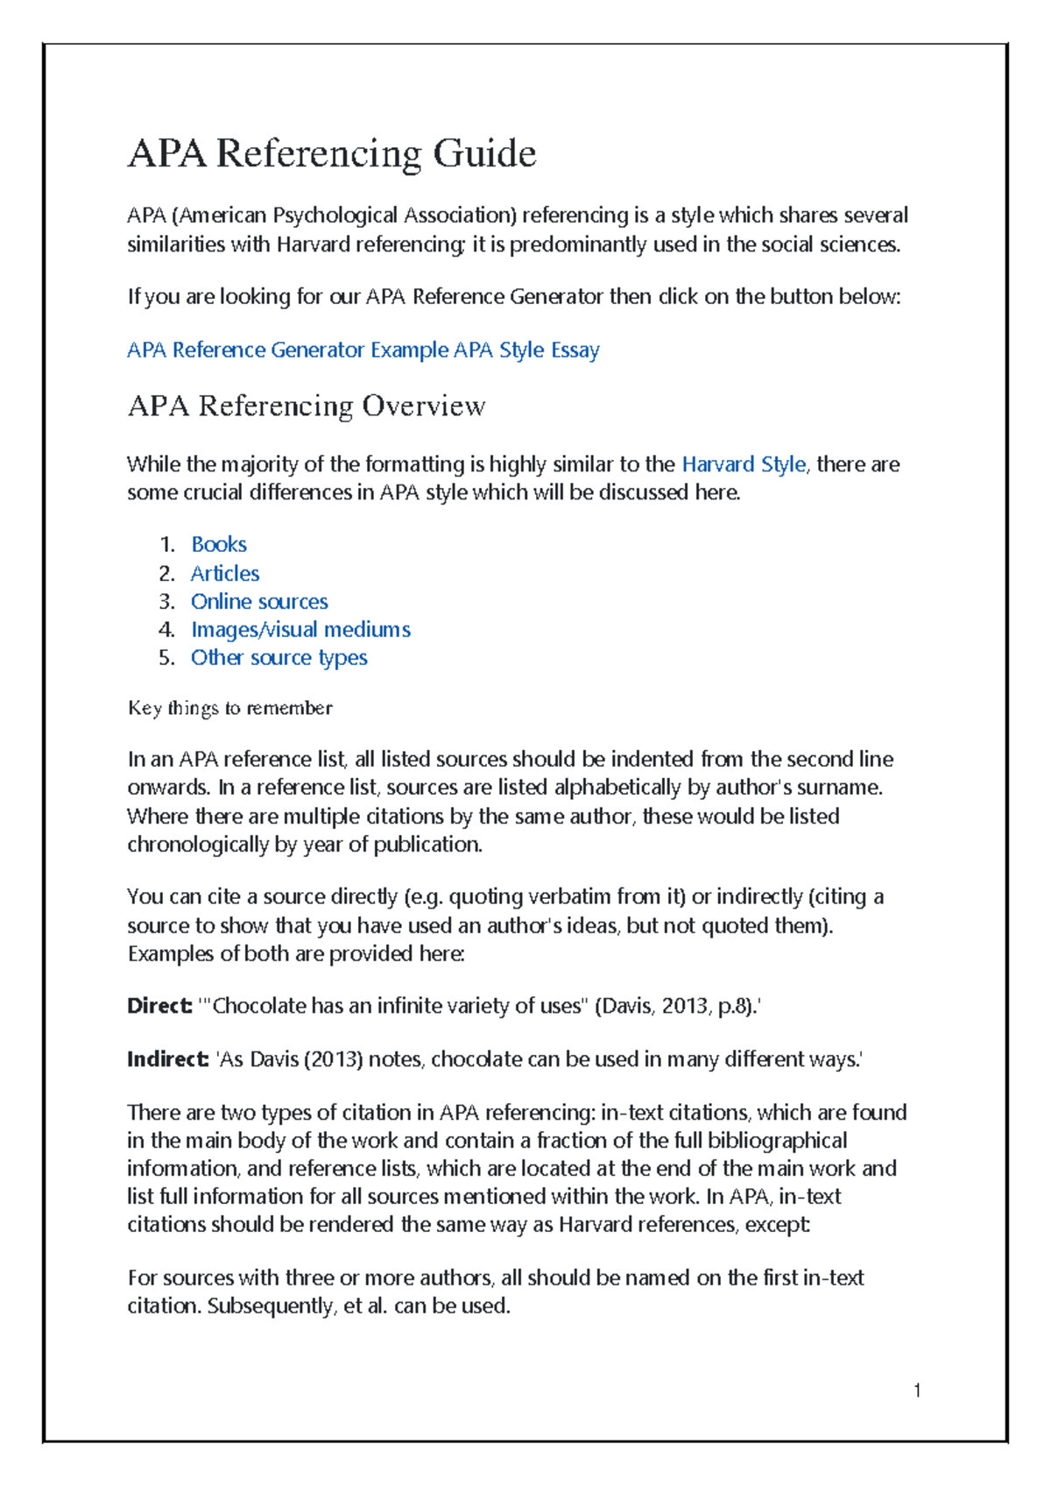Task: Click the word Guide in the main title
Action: click(x=484, y=154)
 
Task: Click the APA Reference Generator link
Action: click(x=245, y=350)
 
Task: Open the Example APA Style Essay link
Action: click(x=484, y=350)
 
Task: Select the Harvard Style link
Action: click(x=743, y=464)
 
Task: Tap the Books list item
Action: click(x=219, y=545)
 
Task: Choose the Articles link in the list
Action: click(x=225, y=574)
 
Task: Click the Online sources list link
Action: click(x=259, y=602)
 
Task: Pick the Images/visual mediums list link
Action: click(x=300, y=630)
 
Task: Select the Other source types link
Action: click(x=279, y=658)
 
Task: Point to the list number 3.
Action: click(x=166, y=602)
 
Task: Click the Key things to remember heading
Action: click(x=229, y=708)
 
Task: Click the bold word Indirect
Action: click(x=167, y=1059)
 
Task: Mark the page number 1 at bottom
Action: click(x=916, y=1390)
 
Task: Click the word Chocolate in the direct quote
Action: click(x=259, y=1006)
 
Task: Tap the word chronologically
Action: click(x=198, y=845)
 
